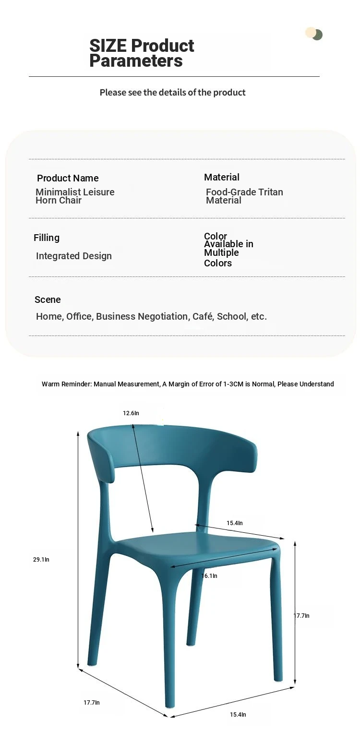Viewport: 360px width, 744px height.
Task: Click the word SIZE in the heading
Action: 108,46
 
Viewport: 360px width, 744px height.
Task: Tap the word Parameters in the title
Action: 136,61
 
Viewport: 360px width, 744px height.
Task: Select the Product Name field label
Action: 68,178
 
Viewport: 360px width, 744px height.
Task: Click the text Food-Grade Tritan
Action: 244,192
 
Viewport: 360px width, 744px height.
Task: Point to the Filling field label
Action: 47,238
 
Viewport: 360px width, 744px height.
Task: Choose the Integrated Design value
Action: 74,256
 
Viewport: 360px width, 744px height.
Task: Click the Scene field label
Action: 48,300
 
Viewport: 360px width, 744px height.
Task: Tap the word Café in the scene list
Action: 203,316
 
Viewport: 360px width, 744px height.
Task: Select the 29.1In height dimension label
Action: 41,559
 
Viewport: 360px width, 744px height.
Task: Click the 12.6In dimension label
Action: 131,413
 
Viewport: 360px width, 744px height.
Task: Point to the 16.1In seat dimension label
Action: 209,576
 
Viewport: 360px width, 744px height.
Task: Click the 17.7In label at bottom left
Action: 92,702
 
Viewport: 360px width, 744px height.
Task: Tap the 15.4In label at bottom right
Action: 238,714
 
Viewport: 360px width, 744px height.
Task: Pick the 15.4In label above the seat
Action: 235,523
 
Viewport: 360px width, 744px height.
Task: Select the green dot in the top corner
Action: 317,35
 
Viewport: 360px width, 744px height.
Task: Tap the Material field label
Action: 222,177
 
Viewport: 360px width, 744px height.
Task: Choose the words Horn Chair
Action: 59,200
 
